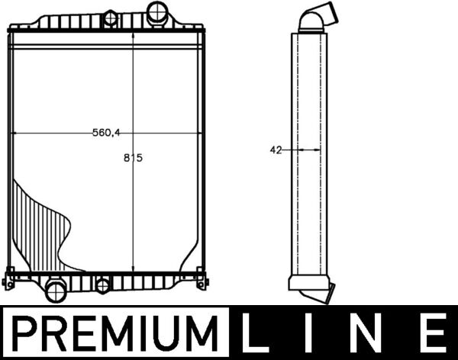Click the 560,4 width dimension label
pyautogui.click(x=107, y=133)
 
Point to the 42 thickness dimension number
pyautogui.click(x=276, y=150)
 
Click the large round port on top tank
pyautogui.click(x=159, y=12)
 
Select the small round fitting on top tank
pyautogui.click(x=111, y=16)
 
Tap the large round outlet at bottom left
pyautogui.click(x=56, y=289)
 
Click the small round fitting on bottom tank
pyautogui.click(x=102, y=286)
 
